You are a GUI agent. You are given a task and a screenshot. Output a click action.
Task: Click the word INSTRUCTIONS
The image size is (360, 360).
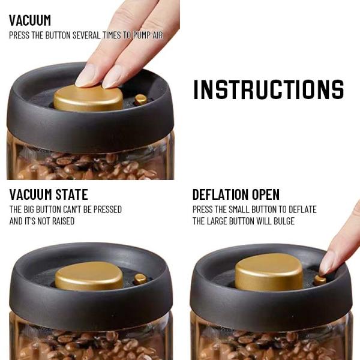coord(269,89)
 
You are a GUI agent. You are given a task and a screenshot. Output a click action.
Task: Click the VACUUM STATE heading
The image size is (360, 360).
coord(49,194)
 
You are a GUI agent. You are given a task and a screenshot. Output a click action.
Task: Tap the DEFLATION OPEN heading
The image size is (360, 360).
coord(236,194)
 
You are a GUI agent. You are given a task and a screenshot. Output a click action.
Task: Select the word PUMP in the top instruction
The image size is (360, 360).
coord(142,35)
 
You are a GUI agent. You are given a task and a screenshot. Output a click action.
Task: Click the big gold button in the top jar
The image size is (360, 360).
coord(88,98)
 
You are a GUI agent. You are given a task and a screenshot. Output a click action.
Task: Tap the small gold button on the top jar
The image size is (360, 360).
coord(141,100)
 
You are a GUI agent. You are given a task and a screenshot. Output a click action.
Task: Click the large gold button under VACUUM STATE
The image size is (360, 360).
coord(89,276)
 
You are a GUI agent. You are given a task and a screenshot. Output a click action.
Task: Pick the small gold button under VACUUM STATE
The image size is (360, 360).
coord(140,279)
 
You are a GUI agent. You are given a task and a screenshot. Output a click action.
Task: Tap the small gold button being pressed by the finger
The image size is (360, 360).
coord(320,280)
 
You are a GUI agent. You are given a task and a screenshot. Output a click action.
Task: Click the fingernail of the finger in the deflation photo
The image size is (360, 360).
coord(326,263)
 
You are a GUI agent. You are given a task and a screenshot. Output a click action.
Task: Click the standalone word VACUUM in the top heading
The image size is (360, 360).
coord(30,20)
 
